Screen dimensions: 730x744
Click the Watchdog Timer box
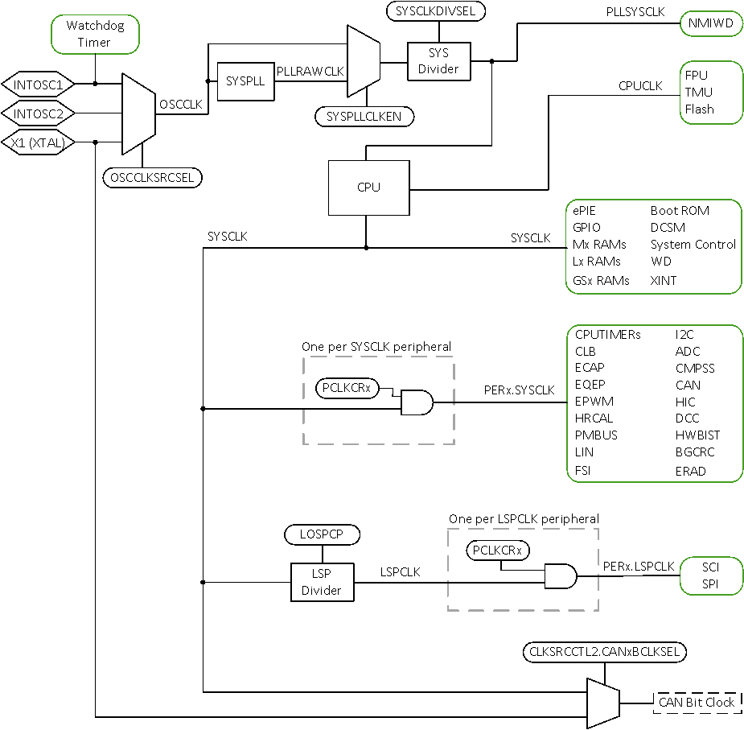[x=95, y=34]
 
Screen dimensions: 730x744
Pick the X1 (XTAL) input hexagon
[x=39, y=142]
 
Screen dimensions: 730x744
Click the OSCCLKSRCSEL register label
[x=153, y=176]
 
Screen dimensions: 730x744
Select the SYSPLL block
[x=245, y=81]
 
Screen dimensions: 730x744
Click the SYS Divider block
[x=438, y=61]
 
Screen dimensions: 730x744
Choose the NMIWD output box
[x=711, y=24]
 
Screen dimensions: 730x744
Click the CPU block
[x=368, y=188]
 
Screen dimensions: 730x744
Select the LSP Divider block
[x=322, y=583]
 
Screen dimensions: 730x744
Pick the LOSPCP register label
[x=322, y=534]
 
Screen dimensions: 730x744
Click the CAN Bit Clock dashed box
[x=697, y=702]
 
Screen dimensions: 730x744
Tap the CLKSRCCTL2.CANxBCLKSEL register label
[x=605, y=651]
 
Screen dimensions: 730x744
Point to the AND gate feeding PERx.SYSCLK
[x=416, y=402]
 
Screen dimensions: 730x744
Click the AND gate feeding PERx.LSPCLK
[x=560, y=575]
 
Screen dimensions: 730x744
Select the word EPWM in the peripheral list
[x=594, y=401]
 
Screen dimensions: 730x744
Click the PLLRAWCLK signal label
[x=310, y=71]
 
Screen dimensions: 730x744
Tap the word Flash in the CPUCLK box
[x=699, y=109]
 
